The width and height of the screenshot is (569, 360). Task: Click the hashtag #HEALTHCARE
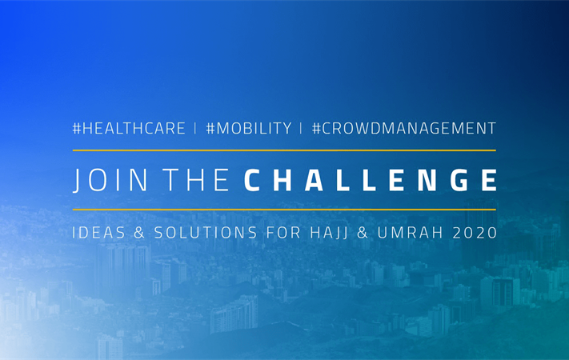pos(129,128)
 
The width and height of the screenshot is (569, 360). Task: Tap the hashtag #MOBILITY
pos(249,128)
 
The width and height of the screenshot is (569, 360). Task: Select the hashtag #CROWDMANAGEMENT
pos(404,128)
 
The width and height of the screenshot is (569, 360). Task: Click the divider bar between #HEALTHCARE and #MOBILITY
pos(195,128)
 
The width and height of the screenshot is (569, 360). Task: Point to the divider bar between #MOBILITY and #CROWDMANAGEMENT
pos(302,128)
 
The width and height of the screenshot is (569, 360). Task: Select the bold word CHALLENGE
pos(370,180)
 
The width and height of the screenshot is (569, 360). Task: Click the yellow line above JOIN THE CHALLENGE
pos(284,150)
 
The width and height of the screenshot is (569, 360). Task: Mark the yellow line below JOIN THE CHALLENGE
pos(284,210)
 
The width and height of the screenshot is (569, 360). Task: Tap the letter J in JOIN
pos(77,181)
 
